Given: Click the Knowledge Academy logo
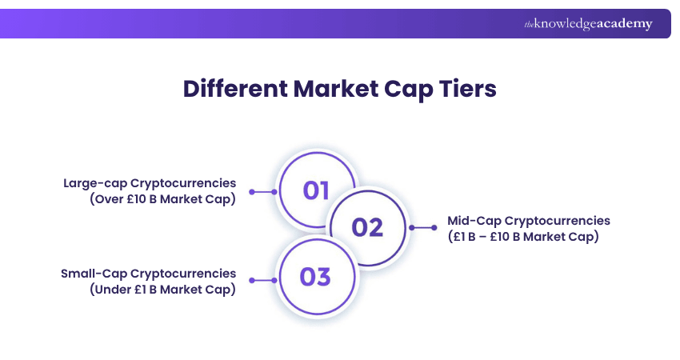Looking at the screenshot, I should pos(588,24).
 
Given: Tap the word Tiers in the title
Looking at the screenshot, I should pos(468,88).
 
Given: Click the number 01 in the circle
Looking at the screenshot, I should pos(316,190).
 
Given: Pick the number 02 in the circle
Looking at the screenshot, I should pos(368,227).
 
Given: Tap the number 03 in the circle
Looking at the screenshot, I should pos(315,278).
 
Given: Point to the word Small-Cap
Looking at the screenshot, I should pos(91,274).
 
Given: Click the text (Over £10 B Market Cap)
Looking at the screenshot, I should pos(162,200).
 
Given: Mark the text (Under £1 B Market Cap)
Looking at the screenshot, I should pos(162,290).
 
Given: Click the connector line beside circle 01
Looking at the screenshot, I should pos(263,192).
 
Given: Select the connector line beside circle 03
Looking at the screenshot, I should pos(263,281).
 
